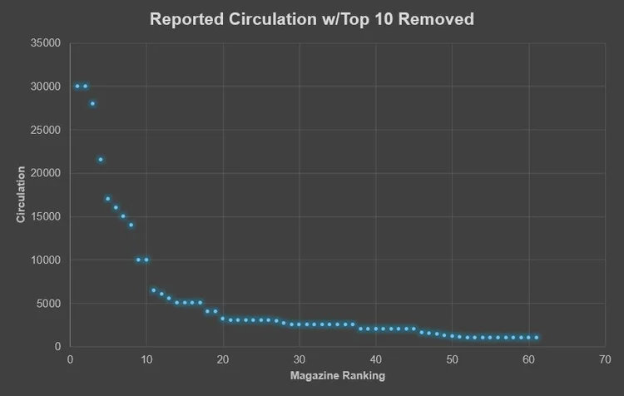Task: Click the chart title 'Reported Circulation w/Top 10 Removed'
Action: click(312, 19)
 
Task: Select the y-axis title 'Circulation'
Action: click(21, 194)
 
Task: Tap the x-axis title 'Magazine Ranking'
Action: click(338, 376)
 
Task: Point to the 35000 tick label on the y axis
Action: click(46, 43)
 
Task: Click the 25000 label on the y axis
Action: click(46, 130)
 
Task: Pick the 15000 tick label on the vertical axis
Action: click(46, 216)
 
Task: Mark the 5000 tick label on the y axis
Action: click(48, 304)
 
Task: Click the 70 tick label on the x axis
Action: click(605, 359)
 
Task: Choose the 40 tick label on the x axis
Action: click(376, 359)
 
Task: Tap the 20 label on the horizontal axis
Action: click(223, 359)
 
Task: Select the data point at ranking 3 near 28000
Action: click(92, 104)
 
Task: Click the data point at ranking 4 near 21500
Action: click(101, 160)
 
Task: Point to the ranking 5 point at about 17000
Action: click(108, 199)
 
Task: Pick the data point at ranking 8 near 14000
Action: click(131, 225)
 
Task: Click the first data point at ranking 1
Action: click(77, 87)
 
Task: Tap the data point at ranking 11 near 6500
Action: click(154, 290)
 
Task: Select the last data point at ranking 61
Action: click(537, 338)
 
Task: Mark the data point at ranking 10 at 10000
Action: click(146, 260)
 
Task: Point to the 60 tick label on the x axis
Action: click(528, 359)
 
